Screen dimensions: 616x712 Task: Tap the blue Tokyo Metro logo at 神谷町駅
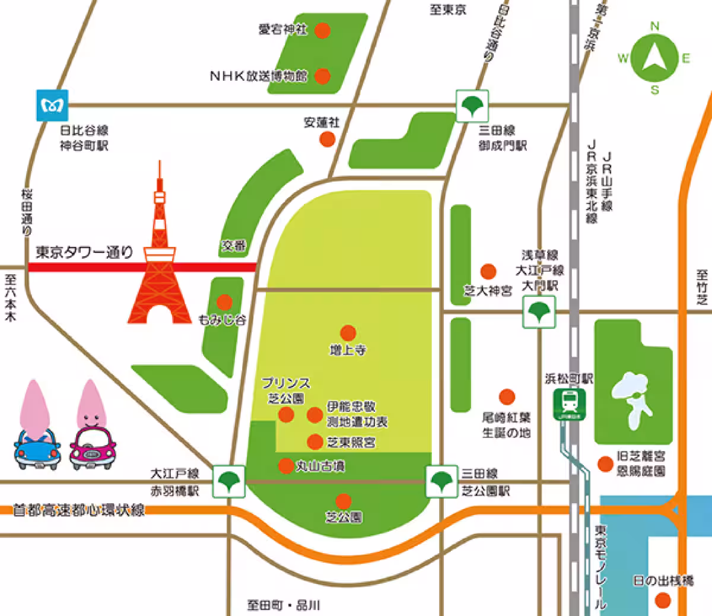52,106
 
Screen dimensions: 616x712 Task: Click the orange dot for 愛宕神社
322,30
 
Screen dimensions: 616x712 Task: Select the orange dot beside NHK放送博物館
322,76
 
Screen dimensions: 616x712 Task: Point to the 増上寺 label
348,350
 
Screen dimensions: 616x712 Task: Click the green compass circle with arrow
654,58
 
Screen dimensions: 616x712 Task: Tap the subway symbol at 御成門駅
472,106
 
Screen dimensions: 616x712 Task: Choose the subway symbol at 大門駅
539,312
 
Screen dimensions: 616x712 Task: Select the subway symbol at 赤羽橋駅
228,481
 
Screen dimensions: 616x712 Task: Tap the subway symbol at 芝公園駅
441,481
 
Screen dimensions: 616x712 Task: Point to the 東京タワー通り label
84,252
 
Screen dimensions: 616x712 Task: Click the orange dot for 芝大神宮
488,272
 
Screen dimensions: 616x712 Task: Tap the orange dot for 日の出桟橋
662,601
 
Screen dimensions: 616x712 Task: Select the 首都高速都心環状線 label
79,510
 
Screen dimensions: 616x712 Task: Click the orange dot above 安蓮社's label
327,139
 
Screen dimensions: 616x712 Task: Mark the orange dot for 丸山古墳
286,466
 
